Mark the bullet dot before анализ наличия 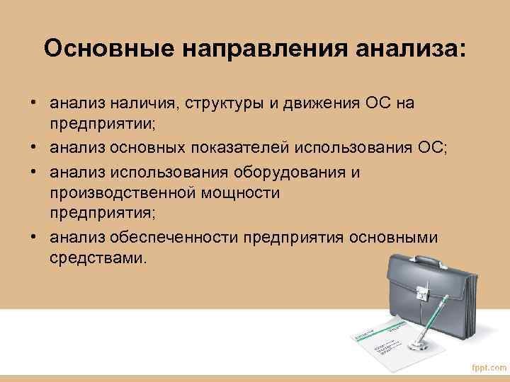[34, 104]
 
